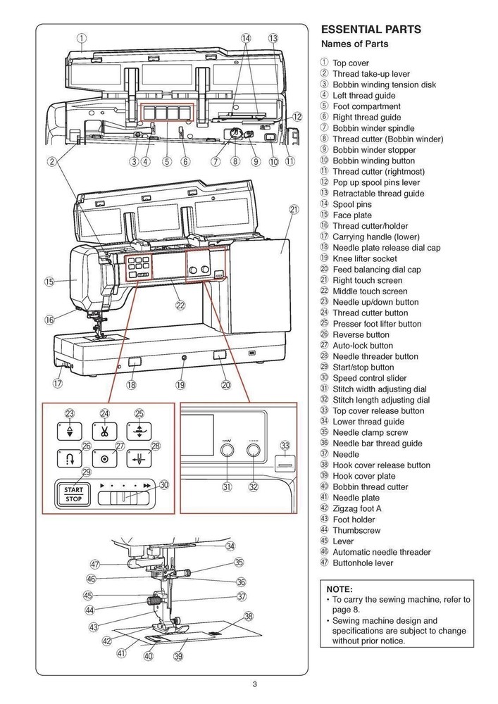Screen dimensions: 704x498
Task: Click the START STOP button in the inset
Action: (73, 494)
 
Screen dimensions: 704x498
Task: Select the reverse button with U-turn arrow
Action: (70, 460)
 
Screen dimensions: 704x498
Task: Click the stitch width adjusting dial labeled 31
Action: (227, 451)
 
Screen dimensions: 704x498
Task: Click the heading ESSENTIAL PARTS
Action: (371, 30)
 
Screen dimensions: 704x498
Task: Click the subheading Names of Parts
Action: (354, 44)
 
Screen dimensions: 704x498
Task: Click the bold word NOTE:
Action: (340, 589)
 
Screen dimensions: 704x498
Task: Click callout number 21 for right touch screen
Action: (294, 209)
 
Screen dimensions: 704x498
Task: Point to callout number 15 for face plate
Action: (49, 282)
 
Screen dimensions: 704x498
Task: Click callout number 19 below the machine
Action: (180, 384)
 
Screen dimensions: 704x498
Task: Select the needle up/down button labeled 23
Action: (70, 431)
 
